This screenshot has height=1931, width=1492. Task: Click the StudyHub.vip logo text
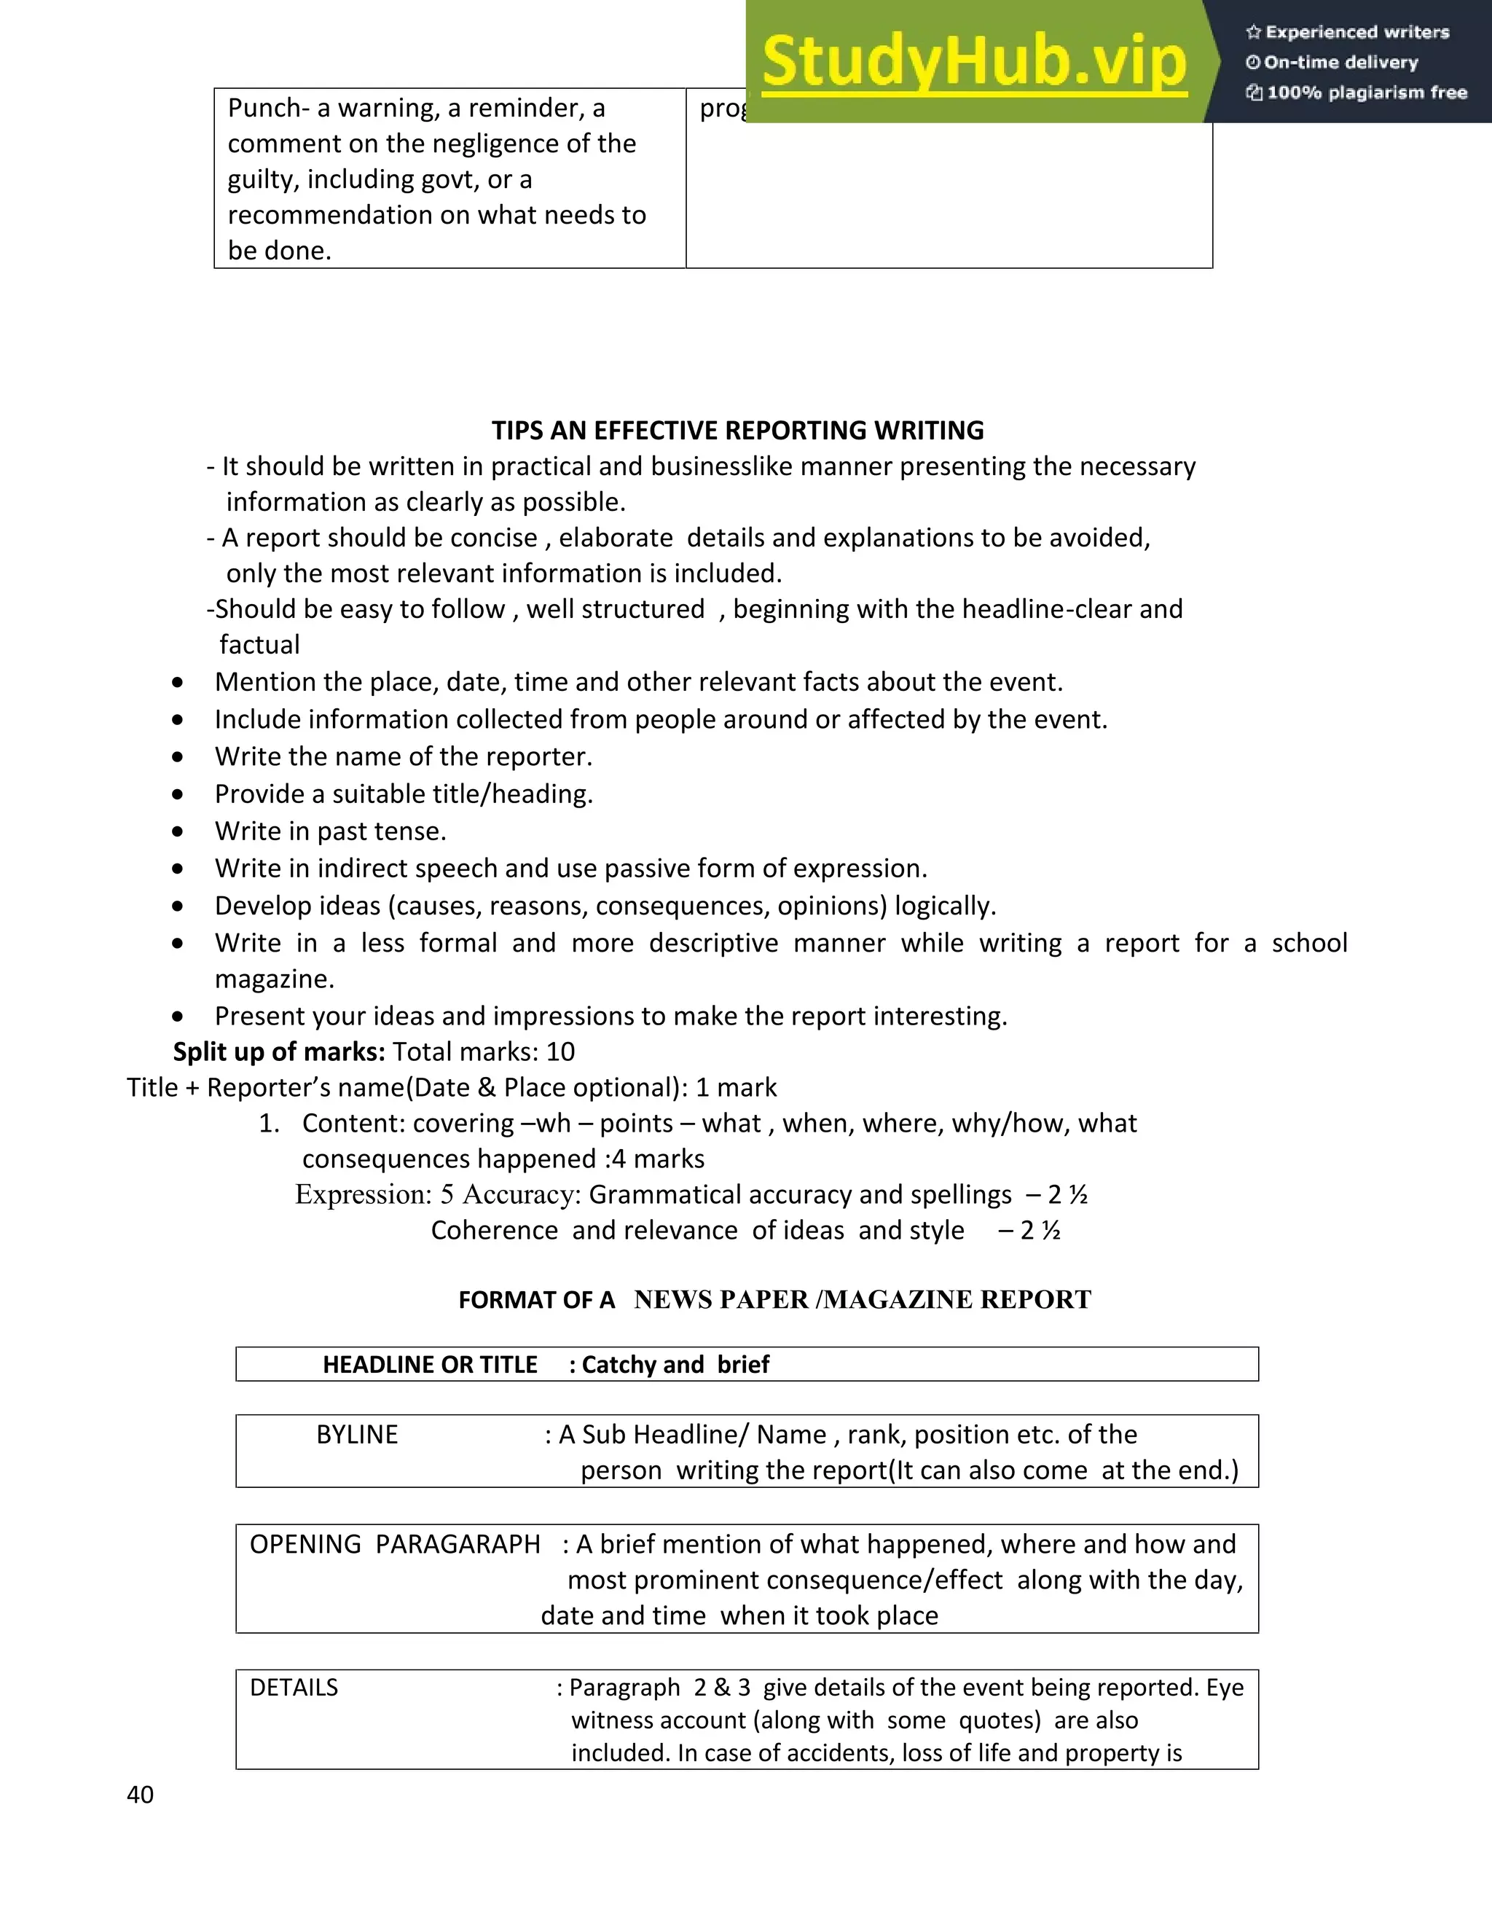(x=973, y=62)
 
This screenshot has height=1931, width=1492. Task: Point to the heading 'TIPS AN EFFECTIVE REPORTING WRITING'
(x=737, y=431)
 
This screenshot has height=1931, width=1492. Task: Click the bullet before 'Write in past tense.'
(x=178, y=832)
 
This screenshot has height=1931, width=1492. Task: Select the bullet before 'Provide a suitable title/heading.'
(x=178, y=795)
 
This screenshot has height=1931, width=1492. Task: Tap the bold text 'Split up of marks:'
(x=278, y=1052)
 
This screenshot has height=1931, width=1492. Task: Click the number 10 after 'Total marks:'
(x=560, y=1052)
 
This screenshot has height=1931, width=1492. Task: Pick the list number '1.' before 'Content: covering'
(x=269, y=1124)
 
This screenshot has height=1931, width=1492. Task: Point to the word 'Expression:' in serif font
(x=362, y=1194)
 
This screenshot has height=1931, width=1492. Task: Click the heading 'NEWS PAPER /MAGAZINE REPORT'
(x=862, y=1300)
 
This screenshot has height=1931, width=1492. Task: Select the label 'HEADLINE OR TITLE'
(x=430, y=1365)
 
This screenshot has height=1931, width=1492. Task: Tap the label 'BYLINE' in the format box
(x=357, y=1434)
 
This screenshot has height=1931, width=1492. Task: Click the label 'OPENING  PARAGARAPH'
(x=394, y=1544)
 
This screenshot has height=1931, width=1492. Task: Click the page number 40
(x=140, y=1795)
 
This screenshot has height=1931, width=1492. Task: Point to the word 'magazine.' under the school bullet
(x=274, y=979)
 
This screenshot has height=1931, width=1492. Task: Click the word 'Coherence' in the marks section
(x=494, y=1231)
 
